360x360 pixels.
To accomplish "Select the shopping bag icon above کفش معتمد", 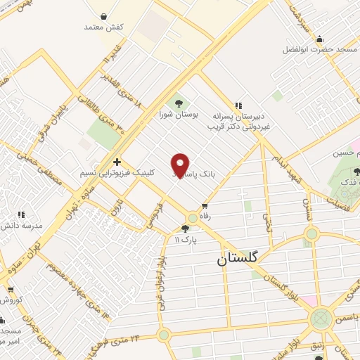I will tap(104, 15).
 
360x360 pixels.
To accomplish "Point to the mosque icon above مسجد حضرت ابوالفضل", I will tap(320, 39).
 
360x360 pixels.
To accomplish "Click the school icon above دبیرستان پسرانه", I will tap(239, 103).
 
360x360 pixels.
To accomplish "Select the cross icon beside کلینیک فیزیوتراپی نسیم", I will tap(117, 161).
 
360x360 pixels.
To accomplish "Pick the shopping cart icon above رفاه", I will tap(205, 206).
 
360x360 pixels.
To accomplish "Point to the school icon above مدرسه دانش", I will tap(21, 214).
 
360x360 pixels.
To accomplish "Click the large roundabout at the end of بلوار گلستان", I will tap(322, 319).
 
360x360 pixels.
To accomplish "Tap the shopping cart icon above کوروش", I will tap(10, 288).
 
